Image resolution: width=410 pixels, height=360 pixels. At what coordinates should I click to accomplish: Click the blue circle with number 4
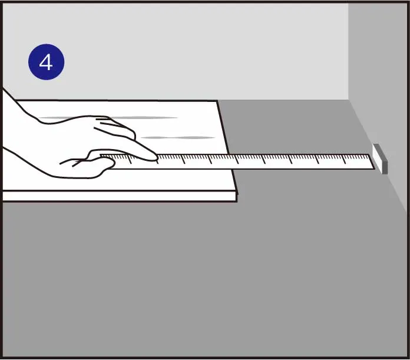47,62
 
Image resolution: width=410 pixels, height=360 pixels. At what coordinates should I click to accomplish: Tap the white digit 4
46,62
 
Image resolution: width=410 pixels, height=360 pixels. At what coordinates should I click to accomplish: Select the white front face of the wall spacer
377,159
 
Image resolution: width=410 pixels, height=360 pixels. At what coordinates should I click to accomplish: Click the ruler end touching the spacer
372,162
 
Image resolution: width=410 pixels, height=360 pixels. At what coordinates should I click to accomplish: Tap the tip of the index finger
156,158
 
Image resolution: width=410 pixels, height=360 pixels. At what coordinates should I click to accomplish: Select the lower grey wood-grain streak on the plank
178,137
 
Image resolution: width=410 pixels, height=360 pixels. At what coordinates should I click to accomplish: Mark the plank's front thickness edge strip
120,196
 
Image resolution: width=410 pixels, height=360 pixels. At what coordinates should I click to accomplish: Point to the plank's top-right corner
217,101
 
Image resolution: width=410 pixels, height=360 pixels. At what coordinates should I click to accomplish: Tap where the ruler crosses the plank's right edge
231,161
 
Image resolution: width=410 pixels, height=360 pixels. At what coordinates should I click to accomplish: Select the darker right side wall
379,78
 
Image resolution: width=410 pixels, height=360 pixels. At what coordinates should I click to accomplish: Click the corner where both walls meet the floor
349,100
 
